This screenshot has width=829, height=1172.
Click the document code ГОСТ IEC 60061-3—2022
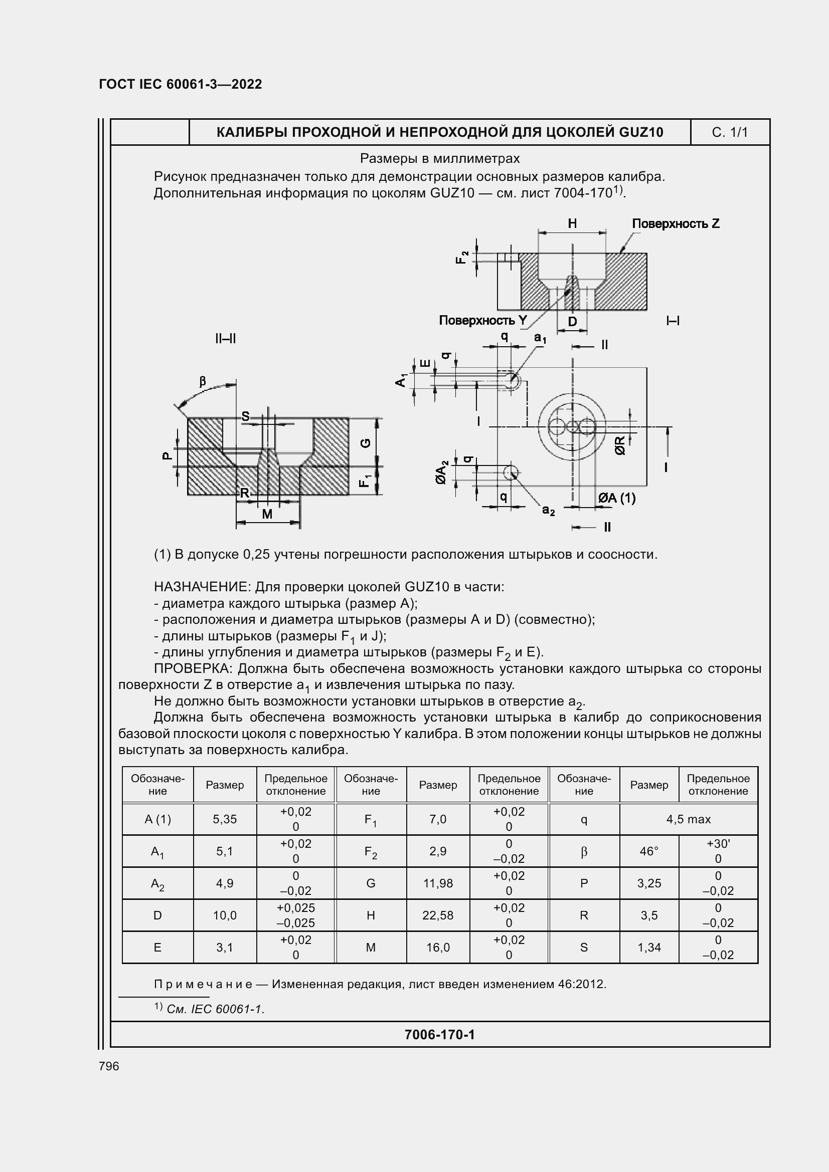181,84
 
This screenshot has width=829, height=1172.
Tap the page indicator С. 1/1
729,133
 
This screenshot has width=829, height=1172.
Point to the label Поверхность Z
675,223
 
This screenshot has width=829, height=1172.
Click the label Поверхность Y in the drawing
482,321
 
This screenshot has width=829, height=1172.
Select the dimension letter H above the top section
572,223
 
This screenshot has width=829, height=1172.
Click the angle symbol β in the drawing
202,381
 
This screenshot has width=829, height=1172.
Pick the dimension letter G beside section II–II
366,442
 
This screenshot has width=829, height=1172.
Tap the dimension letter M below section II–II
267,515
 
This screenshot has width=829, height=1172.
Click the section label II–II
225,338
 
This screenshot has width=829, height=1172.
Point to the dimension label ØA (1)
616,498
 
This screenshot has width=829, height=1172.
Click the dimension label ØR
619,445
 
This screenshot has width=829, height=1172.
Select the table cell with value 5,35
225,819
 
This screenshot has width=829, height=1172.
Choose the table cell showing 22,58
438,915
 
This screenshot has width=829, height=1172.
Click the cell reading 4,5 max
688,819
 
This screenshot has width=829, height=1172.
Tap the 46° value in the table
648,851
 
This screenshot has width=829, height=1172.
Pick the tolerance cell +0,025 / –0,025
296,915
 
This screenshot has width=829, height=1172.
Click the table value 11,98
438,883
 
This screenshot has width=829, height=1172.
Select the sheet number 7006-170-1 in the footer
439,1035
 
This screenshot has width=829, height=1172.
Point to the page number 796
109,1066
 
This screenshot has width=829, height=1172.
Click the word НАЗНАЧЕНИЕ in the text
202,587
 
